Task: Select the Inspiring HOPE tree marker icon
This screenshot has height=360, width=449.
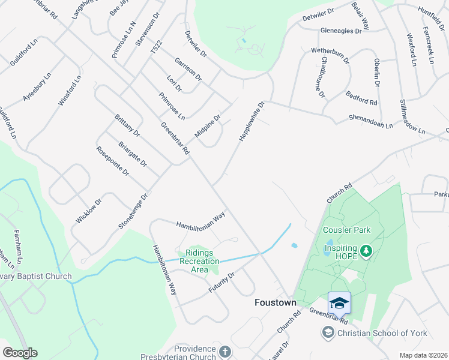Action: click(366, 250)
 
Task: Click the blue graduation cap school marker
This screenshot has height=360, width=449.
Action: click(339, 302)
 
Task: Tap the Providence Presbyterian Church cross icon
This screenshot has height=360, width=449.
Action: click(225, 351)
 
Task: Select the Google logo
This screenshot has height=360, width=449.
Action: click(20, 353)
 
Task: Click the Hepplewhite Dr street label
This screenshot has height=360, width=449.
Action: click(252, 121)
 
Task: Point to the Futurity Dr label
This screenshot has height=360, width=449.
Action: click(221, 282)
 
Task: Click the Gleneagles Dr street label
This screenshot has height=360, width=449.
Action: click(342, 30)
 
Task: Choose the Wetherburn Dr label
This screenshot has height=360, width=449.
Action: click(330, 56)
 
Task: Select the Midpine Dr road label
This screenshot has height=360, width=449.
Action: click(208, 125)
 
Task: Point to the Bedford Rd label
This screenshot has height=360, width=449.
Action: click(361, 98)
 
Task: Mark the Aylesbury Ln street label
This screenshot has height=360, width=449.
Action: click(37, 87)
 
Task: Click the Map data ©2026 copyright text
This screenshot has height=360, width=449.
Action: click(423, 355)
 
